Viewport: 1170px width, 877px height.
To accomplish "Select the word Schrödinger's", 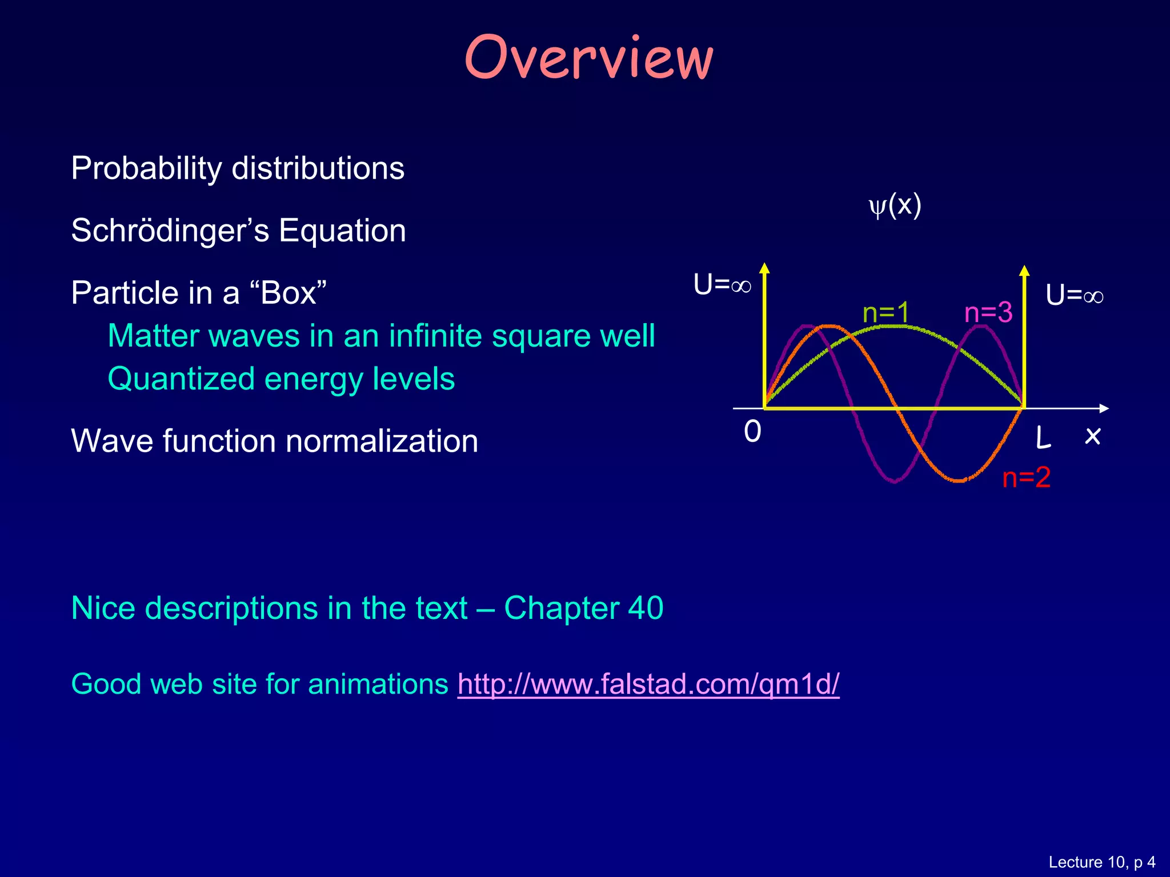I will pos(170,231).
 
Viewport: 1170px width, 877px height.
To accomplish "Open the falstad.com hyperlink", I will pos(648,684).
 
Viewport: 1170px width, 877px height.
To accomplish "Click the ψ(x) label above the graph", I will pos(895,205).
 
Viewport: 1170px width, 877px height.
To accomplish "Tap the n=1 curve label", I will pos(885,312).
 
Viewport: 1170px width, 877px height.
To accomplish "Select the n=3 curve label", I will pos(988,312).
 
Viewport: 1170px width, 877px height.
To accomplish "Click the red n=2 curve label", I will pos(1026,477).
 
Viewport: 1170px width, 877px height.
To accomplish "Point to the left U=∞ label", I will pos(722,284).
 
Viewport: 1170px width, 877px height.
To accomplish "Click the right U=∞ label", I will pos(1074,296).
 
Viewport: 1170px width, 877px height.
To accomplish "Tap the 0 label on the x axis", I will pos(752,432).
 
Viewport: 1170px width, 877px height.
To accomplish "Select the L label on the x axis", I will pos(1043,438).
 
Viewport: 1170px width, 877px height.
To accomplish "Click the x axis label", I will pos(1092,436).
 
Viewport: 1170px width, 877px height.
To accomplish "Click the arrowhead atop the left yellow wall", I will pos(764,268).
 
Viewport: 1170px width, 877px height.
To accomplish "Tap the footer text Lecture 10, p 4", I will pos(1101,862).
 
